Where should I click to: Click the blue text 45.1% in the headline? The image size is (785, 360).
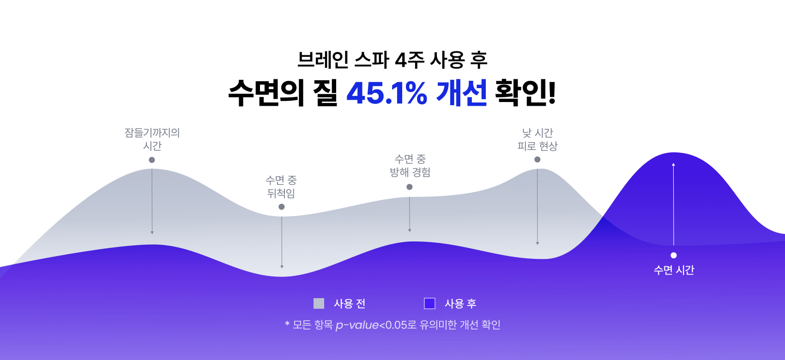[387, 93]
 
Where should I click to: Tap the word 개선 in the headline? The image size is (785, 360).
[462, 92]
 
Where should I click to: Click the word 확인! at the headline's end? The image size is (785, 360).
[525, 92]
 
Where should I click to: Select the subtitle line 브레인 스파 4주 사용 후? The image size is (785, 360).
[392, 60]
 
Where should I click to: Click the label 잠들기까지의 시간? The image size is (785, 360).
[152, 139]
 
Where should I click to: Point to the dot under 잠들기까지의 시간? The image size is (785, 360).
[152, 160]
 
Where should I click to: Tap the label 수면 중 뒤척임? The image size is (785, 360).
[281, 186]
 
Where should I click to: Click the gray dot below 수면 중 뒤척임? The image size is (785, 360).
[281, 207]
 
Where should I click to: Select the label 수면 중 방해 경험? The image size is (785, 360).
[410, 166]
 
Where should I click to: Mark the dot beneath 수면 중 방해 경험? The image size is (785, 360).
[409, 187]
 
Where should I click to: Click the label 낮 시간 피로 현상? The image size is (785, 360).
[537, 139]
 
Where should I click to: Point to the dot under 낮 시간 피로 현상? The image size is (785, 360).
[537, 160]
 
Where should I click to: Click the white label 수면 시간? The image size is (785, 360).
[674, 270]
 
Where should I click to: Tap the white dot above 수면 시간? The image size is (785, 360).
[674, 255]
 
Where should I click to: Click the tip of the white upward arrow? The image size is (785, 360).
[673, 163]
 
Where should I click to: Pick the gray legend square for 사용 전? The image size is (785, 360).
[319, 304]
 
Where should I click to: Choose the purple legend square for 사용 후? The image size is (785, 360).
[429, 304]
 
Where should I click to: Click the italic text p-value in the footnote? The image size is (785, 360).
[357, 325]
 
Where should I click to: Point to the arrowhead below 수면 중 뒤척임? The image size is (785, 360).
[282, 267]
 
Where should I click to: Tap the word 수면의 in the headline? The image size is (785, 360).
[266, 92]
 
